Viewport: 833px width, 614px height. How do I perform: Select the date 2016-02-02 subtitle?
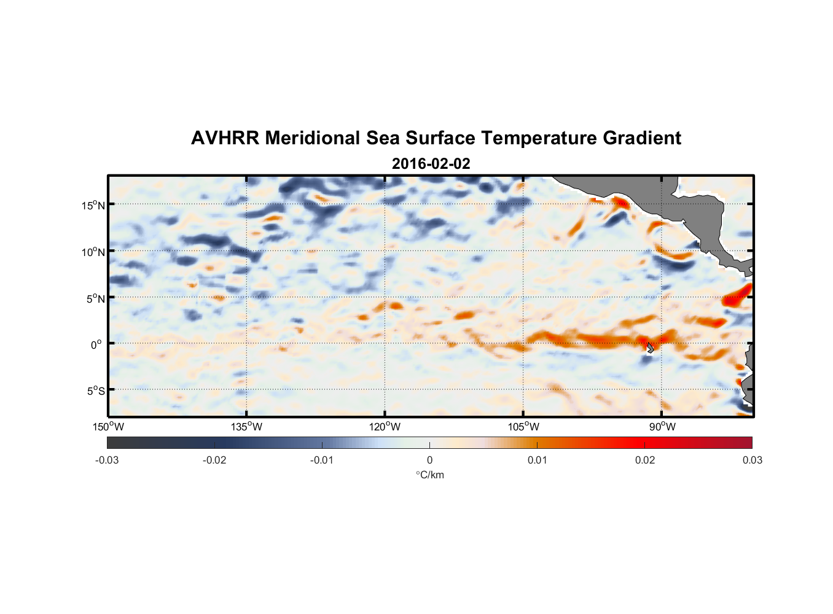[x=431, y=164]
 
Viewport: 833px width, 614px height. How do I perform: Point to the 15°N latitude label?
[x=93, y=205]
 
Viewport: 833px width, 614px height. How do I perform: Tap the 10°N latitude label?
[x=93, y=252]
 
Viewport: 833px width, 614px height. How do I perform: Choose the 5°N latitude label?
[x=95, y=298]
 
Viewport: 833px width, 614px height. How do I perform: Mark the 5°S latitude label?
[x=95, y=391]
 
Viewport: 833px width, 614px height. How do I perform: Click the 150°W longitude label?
[x=108, y=427]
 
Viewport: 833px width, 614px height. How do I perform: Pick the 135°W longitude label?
[x=247, y=427]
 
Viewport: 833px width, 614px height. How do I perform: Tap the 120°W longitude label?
[x=385, y=427]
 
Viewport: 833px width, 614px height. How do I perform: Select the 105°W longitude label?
[x=523, y=427]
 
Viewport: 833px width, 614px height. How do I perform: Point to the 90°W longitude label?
[x=662, y=427]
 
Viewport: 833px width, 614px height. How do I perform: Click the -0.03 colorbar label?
[x=107, y=460]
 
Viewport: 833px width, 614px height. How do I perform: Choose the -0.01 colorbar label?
[x=322, y=460]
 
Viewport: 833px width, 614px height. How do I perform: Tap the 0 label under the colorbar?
[x=429, y=460]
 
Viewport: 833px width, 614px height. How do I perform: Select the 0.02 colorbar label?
[x=645, y=460]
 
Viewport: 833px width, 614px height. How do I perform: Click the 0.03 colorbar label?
[x=752, y=460]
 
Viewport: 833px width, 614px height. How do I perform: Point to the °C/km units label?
[x=429, y=475]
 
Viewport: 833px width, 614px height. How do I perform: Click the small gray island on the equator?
[x=650, y=347]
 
